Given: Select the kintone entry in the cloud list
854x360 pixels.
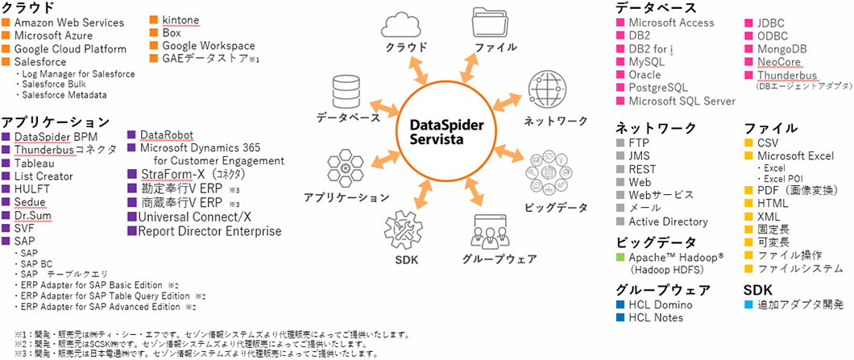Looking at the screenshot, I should pyautogui.click(x=180, y=19).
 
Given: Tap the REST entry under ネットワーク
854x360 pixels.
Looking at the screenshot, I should pyautogui.click(x=643, y=169).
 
